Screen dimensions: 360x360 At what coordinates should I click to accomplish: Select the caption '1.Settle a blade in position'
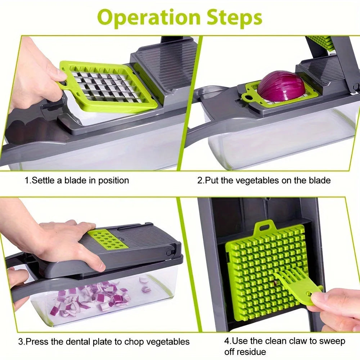(77, 180)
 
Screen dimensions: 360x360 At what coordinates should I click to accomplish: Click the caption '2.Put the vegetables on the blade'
(264, 180)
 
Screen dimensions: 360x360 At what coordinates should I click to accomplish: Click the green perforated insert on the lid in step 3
(107, 239)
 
